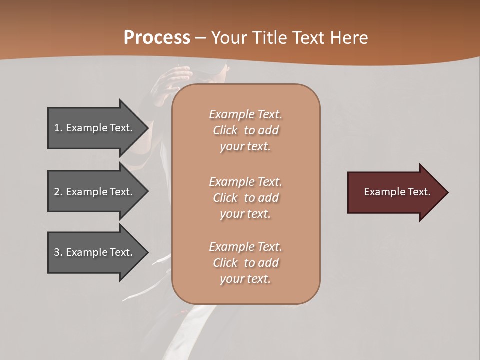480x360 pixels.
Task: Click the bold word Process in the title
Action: (x=157, y=38)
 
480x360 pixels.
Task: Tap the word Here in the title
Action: (x=350, y=38)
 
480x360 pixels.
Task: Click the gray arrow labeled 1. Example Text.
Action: (x=95, y=128)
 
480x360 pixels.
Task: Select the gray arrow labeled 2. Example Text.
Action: (x=95, y=192)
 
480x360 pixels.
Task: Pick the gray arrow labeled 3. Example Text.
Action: (x=95, y=252)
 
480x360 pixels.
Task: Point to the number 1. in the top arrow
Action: (x=58, y=128)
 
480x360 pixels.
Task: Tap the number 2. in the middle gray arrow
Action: (x=58, y=192)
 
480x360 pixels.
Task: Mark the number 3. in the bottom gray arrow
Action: (x=58, y=252)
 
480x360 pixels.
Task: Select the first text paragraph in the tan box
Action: (x=245, y=130)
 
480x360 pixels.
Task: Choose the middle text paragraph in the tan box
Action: (x=245, y=198)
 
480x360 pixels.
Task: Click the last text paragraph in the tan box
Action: (x=245, y=263)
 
